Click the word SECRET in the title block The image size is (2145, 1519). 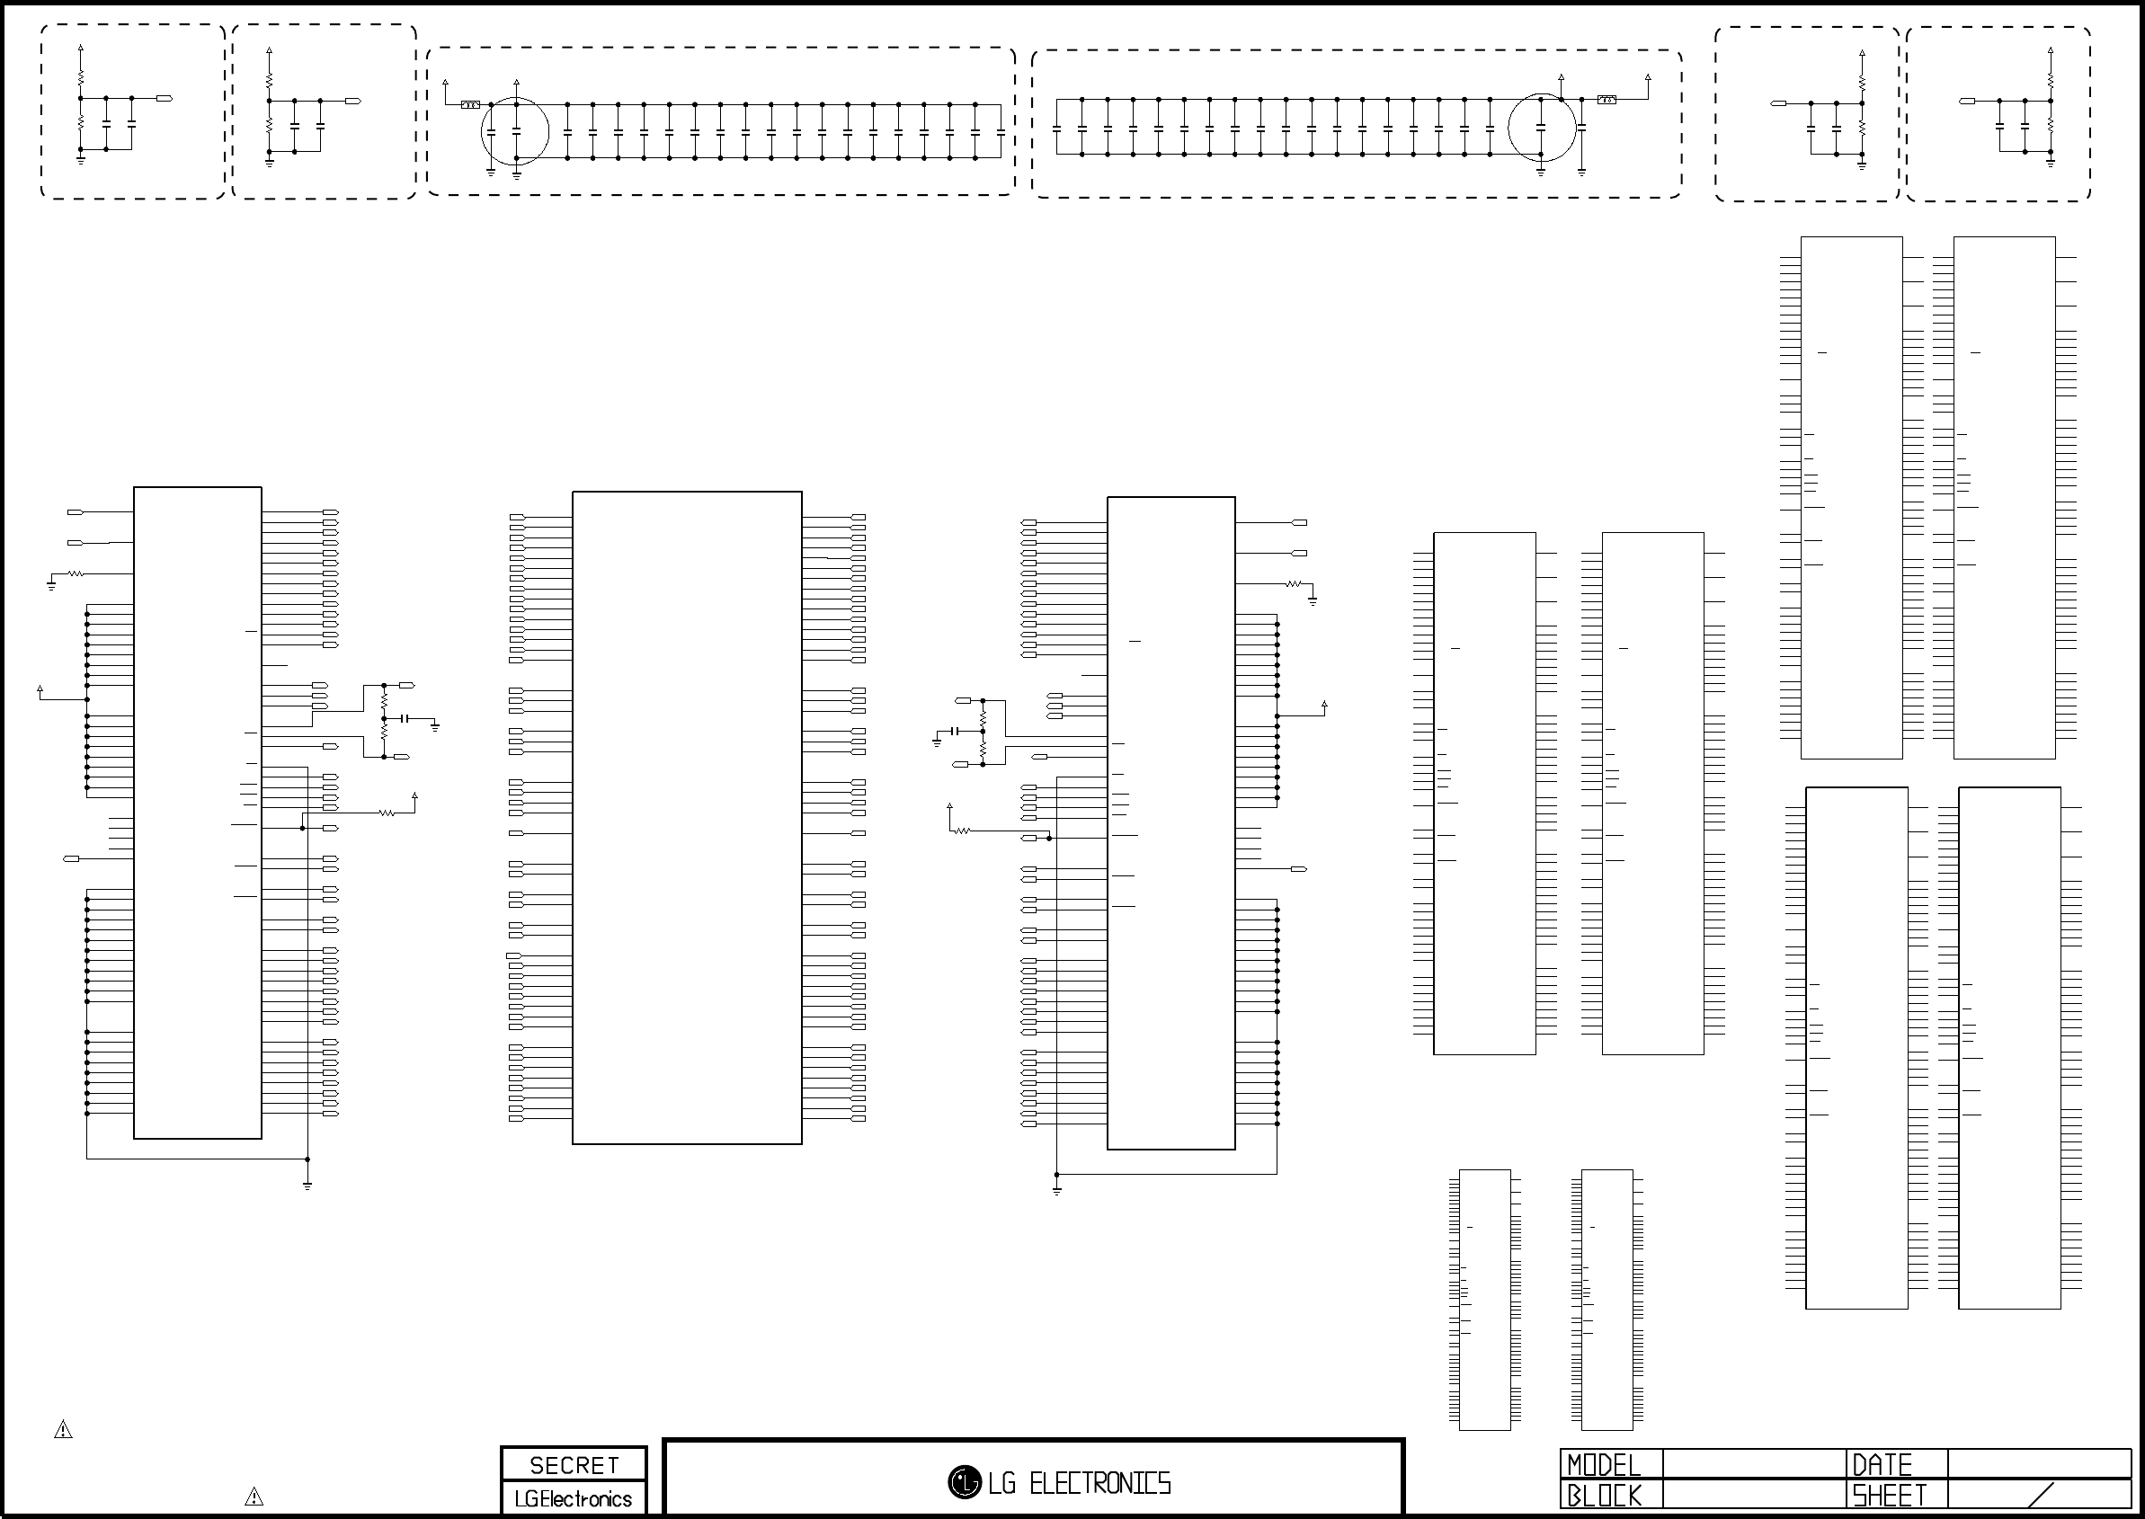pos(574,1466)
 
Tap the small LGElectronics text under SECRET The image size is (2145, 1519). pos(574,1499)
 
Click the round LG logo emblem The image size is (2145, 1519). pos(965,1481)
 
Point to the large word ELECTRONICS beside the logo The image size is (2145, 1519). pos(1100,1483)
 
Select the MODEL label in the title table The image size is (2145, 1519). pos(1604,1465)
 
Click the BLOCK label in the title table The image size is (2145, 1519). pos(1605,1496)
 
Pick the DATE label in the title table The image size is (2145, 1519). pos(1882,1465)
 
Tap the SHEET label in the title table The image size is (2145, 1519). pos(1890,1496)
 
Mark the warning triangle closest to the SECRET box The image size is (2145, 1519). pos(254,1497)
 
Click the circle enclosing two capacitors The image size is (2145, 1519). pos(515,131)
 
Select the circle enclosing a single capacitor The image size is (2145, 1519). pos(1542,128)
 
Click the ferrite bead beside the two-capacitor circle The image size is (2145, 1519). pos(470,105)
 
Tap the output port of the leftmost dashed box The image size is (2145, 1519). pos(165,97)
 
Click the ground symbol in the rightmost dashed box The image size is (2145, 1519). pos(2051,162)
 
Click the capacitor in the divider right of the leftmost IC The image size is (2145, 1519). pos(405,718)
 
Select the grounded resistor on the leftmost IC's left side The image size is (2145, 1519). pos(75,573)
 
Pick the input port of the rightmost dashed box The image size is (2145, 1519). pos(1967,100)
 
